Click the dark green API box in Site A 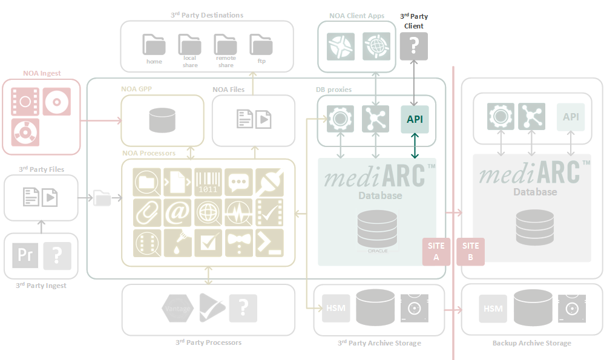click(x=415, y=119)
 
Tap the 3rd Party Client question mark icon click(x=413, y=46)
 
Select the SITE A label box click(x=436, y=251)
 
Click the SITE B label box click(x=470, y=251)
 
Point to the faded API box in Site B click(x=571, y=117)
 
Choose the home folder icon click(x=154, y=45)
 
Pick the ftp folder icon click(x=261, y=45)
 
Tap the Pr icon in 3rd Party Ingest click(x=25, y=255)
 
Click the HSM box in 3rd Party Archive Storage click(x=335, y=308)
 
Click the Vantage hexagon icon click(x=177, y=309)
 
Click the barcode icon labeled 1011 click(x=208, y=182)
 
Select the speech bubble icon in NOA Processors click(x=239, y=182)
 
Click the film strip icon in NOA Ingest click(x=25, y=102)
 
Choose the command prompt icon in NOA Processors click(x=269, y=243)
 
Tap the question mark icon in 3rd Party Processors click(x=243, y=309)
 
